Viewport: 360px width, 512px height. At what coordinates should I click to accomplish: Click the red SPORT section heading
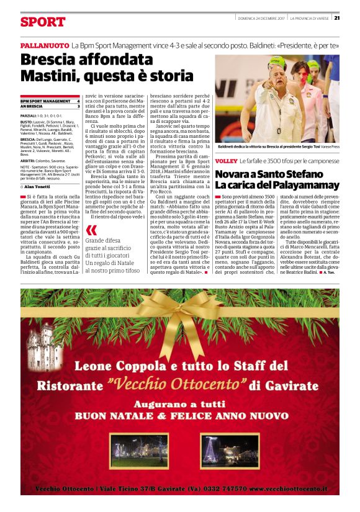pos(42,22)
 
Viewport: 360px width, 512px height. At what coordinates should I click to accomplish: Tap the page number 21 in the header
pos(336,17)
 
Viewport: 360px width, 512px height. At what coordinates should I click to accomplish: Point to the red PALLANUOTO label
pos(44,47)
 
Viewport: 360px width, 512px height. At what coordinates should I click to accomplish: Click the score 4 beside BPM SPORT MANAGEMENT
pos(78,101)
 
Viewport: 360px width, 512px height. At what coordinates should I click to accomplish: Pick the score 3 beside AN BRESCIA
pos(78,106)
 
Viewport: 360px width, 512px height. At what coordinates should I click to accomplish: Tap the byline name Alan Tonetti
pos(38,186)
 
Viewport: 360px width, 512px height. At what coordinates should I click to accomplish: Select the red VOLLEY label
pos(226,161)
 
